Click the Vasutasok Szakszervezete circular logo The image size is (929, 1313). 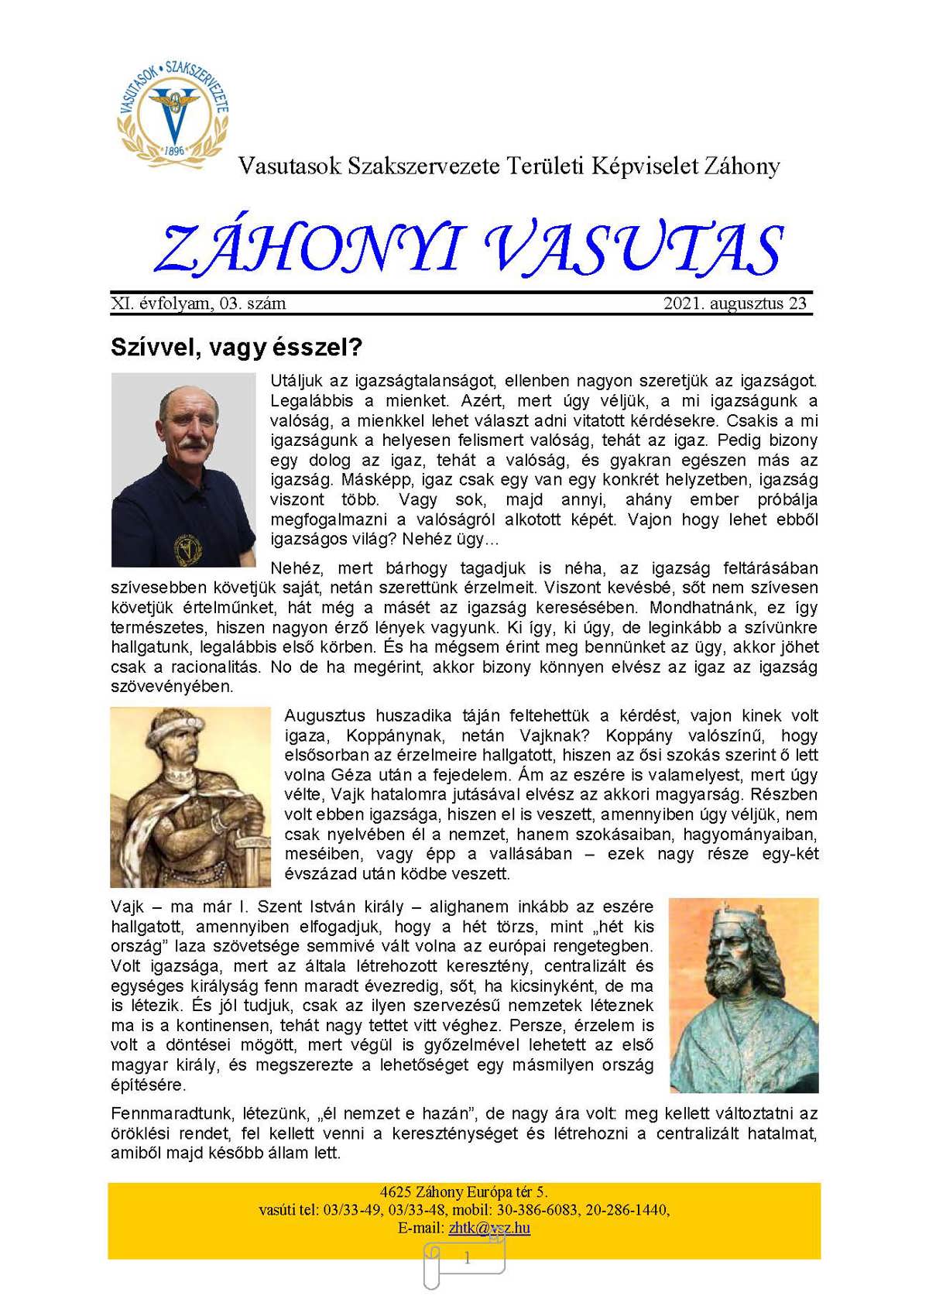[x=173, y=110]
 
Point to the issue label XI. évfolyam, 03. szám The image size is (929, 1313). [x=198, y=303]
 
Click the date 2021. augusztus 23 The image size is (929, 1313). [x=735, y=303]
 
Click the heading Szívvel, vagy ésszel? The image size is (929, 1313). [x=236, y=347]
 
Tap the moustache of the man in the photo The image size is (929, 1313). [x=189, y=444]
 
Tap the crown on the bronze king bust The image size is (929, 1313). [x=728, y=914]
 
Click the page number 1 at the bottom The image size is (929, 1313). [x=467, y=1259]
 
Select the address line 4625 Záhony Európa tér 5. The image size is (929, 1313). [x=464, y=1191]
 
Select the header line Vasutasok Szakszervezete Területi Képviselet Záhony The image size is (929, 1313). [x=509, y=166]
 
